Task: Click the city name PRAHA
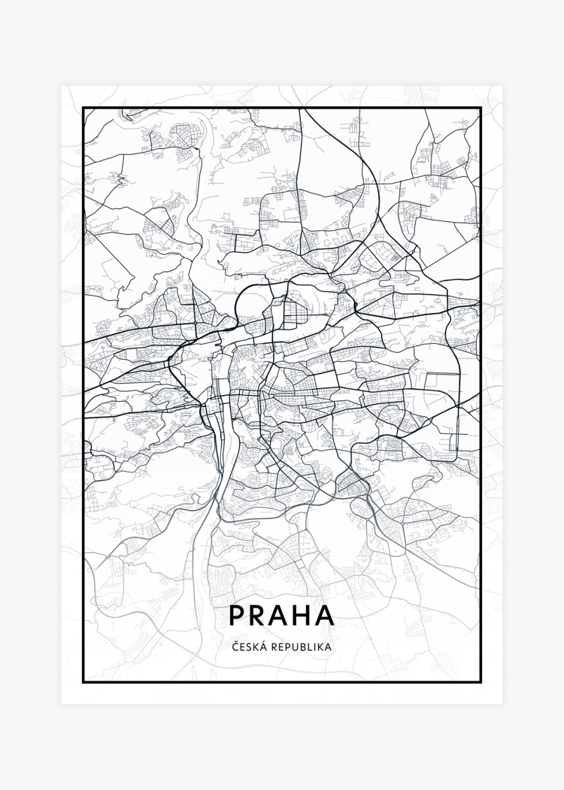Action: tap(282, 615)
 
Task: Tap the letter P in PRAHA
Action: tap(237, 615)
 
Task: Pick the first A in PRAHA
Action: tap(281, 615)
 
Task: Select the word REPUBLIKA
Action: tap(301, 646)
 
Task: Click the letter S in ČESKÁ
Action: tap(248, 646)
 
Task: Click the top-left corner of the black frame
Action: tap(83, 108)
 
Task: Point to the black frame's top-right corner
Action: tap(481, 108)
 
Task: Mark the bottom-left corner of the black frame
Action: tap(83, 682)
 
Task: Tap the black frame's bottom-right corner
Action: tap(481, 682)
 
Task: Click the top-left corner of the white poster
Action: tap(62, 87)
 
